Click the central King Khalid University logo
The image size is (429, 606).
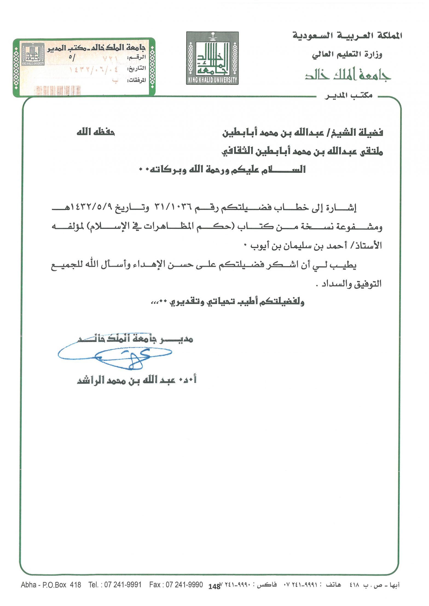[212, 58]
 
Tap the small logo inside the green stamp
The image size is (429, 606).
[33, 54]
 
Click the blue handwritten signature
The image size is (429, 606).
[115, 354]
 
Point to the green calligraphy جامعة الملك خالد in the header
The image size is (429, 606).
[348, 74]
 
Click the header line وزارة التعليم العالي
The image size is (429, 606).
[347, 54]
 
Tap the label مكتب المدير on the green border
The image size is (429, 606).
[348, 95]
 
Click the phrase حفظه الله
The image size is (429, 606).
[95, 132]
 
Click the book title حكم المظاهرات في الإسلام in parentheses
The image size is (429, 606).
[161, 227]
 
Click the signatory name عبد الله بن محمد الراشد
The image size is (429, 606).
[126, 380]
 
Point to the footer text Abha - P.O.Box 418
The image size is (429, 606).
[51, 585]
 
